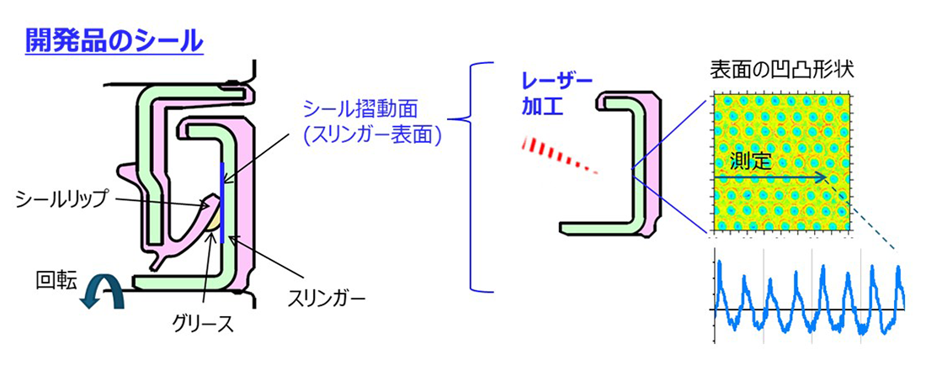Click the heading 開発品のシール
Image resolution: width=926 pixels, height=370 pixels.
click(x=114, y=40)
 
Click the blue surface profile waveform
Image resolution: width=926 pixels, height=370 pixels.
click(x=808, y=294)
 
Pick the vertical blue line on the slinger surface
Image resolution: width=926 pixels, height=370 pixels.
click(x=220, y=202)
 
